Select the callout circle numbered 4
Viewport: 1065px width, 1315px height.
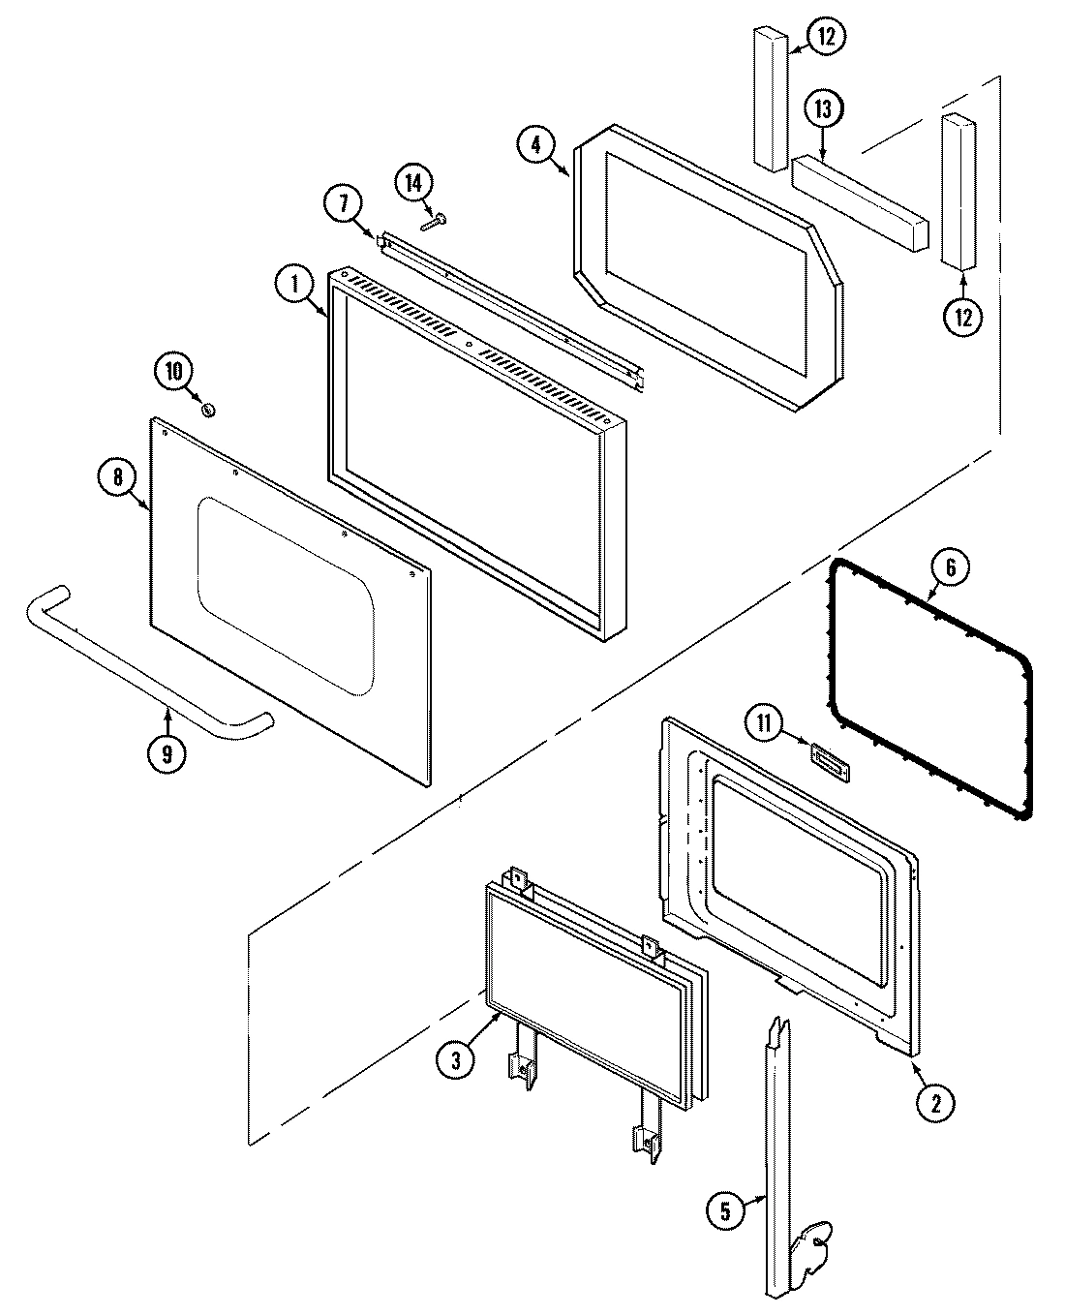coord(535,145)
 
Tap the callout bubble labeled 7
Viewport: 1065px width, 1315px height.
coord(344,204)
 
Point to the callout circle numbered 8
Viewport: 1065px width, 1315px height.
coord(117,476)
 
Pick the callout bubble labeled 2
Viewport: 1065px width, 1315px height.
coord(936,1101)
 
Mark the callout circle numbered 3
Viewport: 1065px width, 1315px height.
coord(455,1060)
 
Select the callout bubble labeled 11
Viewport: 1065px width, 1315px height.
coord(765,722)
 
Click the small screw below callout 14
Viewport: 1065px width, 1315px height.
coord(432,223)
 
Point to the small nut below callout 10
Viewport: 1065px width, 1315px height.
coord(207,411)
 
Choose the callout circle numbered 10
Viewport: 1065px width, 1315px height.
coord(173,371)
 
